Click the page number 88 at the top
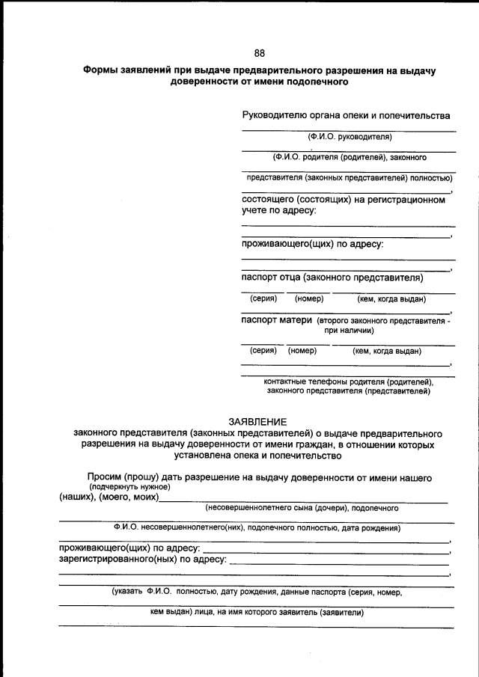pyautogui.click(x=259, y=52)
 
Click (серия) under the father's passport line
pyautogui.click(x=263, y=299)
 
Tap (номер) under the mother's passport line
pyautogui.click(x=302, y=350)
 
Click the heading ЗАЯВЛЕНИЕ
pyautogui.click(x=257, y=422)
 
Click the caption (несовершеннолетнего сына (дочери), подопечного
pyautogui.click(x=302, y=508)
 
